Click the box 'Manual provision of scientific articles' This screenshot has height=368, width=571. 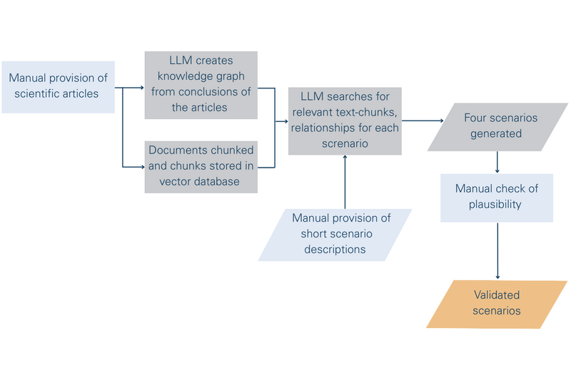click(59, 86)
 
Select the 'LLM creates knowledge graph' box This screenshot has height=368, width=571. click(200, 84)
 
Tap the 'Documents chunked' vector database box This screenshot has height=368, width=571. click(200, 166)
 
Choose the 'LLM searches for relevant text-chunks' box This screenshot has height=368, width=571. click(345, 121)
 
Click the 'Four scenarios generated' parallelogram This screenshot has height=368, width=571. click(497, 126)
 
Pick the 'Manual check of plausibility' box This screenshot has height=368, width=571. click(497, 196)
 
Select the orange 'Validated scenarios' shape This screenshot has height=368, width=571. click(497, 304)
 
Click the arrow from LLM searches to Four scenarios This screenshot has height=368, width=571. click(421, 121)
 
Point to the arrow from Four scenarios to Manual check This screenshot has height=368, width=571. click(497, 162)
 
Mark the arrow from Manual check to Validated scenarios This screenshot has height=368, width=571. click(497, 250)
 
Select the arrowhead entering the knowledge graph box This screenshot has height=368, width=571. click(141, 88)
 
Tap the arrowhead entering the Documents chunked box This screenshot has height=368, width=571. click(141, 167)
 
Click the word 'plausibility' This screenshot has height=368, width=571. click(497, 204)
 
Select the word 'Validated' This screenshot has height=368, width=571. click(497, 295)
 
